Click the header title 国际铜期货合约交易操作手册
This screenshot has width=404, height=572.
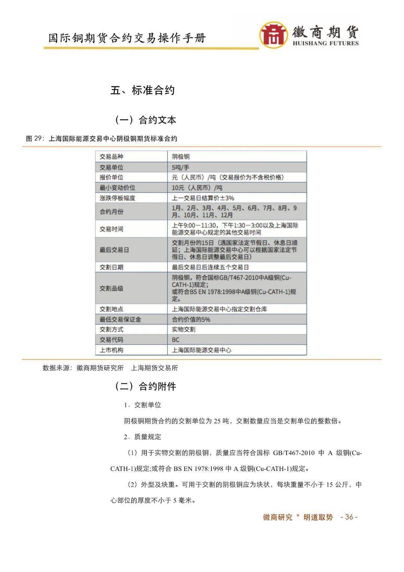pyautogui.click(x=127, y=38)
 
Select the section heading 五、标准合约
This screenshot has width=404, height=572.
pyautogui.click(x=143, y=90)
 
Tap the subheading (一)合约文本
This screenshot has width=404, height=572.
pyautogui.click(x=145, y=120)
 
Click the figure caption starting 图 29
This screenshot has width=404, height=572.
pyautogui.click(x=101, y=139)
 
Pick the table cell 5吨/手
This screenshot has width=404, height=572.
pyautogui.click(x=181, y=167)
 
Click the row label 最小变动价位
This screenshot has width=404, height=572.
pyautogui.click(x=117, y=188)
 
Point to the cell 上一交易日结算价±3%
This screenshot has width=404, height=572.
pyautogui.click(x=203, y=198)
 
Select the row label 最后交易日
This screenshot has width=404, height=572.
pyautogui.click(x=114, y=249)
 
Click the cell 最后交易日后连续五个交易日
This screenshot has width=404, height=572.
pyautogui.click(x=210, y=267)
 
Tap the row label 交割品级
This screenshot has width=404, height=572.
pyautogui.click(x=111, y=288)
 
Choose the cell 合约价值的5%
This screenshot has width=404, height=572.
pyautogui.click(x=191, y=319)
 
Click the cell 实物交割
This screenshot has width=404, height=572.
pyautogui.click(x=184, y=329)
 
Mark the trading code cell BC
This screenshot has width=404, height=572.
pyautogui.click(x=176, y=340)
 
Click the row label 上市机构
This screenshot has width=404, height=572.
pyautogui.click(x=111, y=350)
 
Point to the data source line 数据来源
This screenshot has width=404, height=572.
pyautogui.click(x=110, y=368)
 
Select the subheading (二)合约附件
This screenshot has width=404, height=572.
pyautogui.click(x=145, y=386)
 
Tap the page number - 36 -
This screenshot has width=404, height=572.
pyautogui.click(x=349, y=517)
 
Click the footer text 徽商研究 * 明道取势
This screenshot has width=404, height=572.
pyautogui.click(x=298, y=517)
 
